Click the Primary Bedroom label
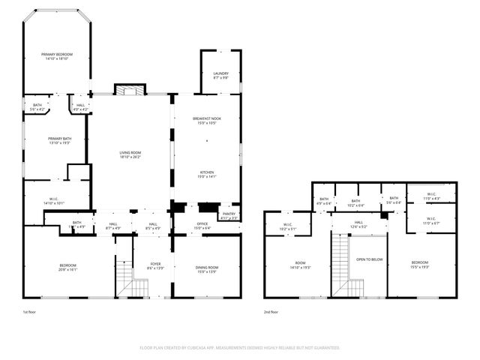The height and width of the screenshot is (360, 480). (x=57, y=55)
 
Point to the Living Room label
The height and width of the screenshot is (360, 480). (x=130, y=154)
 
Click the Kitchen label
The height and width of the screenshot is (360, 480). (x=205, y=174)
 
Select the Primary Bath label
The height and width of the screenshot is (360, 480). (x=58, y=139)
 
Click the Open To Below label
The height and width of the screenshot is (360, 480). (x=369, y=259)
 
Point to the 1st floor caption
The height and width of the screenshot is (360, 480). (x=30, y=312)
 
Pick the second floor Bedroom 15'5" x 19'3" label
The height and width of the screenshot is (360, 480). (x=424, y=263)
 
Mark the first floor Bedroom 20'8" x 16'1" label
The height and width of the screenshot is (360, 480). (x=68, y=267)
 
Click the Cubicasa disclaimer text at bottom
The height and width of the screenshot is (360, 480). (x=240, y=348)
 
